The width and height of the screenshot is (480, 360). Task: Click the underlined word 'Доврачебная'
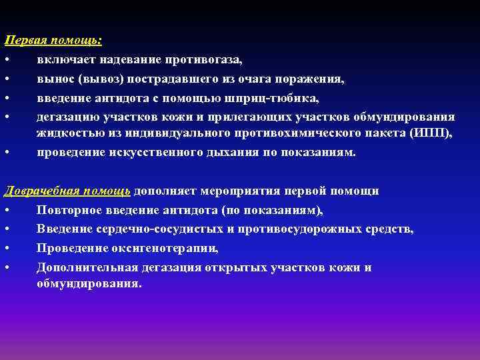[x=42, y=191]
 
